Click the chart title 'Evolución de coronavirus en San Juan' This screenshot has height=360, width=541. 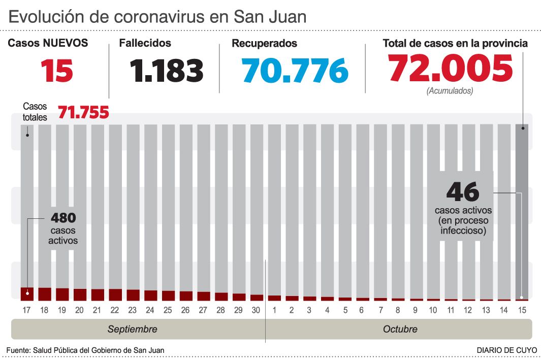(x=157, y=17)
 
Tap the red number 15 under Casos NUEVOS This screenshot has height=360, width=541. (x=57, y=71)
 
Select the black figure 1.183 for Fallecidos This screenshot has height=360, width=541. (x=167, y=71)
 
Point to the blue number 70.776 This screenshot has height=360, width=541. (x=295, y=71)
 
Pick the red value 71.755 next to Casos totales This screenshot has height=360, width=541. (x=84, y=112)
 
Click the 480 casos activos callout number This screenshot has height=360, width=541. (x=63, y=218)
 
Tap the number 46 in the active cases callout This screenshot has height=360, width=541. (x=463, y=192)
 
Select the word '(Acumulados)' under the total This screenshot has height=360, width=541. (x=450, y=91)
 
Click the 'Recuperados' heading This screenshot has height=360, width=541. (x=264, y=44)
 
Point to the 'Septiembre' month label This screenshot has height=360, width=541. (x=132, y=329)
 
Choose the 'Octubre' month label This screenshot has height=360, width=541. (x=400, y=329)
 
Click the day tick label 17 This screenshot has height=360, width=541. (x=27, y=309)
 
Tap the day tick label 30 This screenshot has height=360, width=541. (x=257, y=309)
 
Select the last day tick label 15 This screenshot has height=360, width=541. (x=522, y=309)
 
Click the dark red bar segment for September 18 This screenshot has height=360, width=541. (x=45, y=294)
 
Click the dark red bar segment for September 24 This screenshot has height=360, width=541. (x=151, y=296)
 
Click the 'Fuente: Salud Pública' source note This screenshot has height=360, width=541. (x=85, y=350)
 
